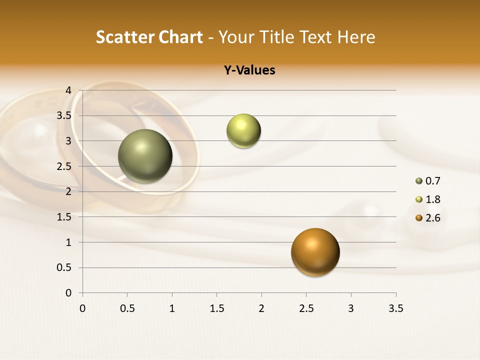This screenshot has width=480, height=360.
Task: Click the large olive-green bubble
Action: click(x=145, y=156)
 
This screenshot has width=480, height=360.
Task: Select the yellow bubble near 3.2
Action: click(x=243, y=131)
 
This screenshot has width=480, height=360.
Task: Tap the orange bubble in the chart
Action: click(x=315, y=252)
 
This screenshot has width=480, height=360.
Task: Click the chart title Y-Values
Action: click(x=249, y=70)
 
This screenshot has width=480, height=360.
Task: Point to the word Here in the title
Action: click(x=356, y=37)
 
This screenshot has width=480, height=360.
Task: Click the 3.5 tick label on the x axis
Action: click(x=395, y=308)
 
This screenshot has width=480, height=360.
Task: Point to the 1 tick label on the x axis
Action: click(x=172, y=308)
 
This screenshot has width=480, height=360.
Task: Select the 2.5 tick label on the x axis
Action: click(x=306, y=308)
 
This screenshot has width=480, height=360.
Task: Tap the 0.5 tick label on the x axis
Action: click(x=127, y=308)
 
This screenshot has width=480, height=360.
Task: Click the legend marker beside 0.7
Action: click(x=419, y=181)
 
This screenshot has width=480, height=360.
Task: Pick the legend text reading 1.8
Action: click(x=432, y=199)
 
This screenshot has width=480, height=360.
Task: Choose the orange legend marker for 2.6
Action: click(x=419, y=218)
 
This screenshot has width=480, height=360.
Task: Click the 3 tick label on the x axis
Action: click(x=351, y=308)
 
